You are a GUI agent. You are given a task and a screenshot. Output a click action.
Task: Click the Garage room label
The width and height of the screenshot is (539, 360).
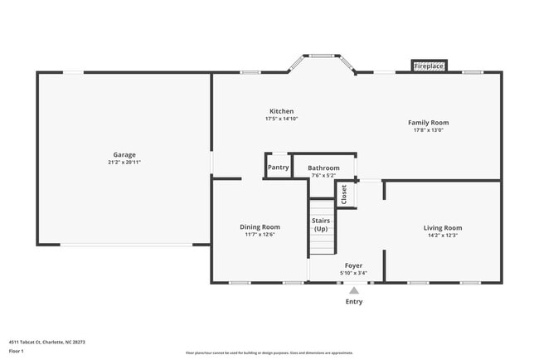124,154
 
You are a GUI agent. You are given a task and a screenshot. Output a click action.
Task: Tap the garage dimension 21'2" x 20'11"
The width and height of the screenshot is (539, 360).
124,163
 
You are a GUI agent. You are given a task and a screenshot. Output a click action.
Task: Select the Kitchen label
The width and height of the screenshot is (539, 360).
281,111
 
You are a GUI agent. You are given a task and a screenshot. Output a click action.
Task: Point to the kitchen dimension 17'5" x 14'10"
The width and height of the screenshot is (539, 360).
281,119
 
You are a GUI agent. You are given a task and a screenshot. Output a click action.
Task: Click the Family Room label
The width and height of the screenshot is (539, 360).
428,122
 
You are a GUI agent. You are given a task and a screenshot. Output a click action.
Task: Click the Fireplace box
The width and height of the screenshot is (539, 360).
429,66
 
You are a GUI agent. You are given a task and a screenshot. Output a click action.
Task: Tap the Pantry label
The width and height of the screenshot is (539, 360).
279,167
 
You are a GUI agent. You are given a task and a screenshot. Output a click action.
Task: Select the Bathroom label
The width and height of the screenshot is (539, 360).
323,168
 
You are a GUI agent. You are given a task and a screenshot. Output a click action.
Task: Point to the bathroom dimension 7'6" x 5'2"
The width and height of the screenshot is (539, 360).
323,175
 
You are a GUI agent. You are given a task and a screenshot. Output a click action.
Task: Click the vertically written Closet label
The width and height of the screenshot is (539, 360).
344,193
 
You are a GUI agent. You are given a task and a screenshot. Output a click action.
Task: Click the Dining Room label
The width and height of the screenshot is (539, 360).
260,226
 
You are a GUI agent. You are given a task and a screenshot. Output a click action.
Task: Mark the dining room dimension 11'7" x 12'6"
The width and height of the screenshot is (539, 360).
260,235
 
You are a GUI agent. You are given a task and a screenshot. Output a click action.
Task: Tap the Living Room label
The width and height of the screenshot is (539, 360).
443,227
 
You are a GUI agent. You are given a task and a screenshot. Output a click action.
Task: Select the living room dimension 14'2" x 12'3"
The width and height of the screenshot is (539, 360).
443,236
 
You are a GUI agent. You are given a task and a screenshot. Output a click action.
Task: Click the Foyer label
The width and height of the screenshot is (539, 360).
353,265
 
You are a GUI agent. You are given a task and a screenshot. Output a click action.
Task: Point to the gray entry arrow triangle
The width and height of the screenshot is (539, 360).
354,290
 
